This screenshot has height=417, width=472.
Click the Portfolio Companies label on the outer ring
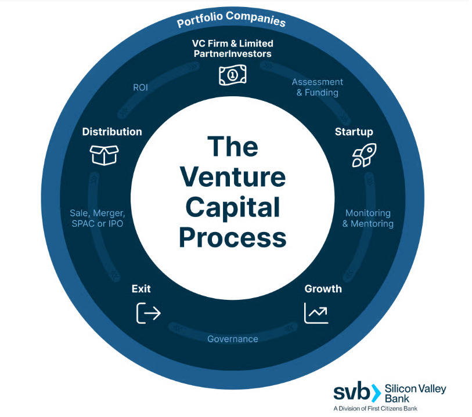(x=231, y=19)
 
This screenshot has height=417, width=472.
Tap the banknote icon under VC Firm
(x=232, y=75)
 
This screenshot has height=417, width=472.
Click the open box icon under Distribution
(x=104, y=154)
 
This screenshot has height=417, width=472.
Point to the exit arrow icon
(x=148, y=313)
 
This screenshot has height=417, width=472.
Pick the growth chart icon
(x=316, y=313)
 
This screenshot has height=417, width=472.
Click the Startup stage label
(x=354, y=132)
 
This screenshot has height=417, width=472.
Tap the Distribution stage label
(x=112, y=132)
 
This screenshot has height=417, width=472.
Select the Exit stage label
(x=141, y=289)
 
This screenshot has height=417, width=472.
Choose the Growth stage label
(x=323, y=289)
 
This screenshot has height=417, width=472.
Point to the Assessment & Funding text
(x=317, y=87)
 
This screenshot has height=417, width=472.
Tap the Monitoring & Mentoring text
(x=367, y=219)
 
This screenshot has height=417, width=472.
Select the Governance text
(x=233, y=339)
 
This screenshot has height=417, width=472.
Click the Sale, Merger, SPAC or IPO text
(x=96, y=219)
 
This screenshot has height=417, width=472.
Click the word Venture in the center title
(x=232, y=177)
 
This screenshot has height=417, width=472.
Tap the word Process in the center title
(x=232, y=237)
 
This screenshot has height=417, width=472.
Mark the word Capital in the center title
(x=232, y=208)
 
